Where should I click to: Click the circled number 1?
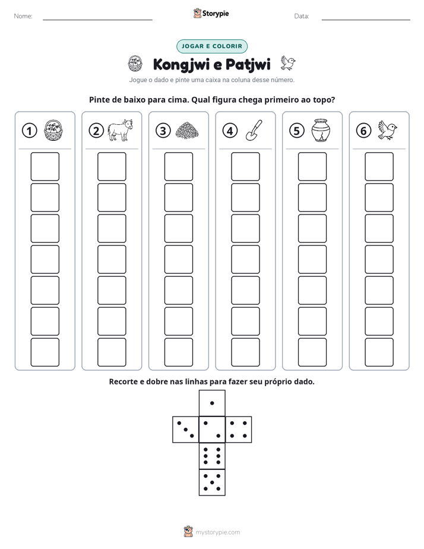pos(29,131)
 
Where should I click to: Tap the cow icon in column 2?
pos(120,130)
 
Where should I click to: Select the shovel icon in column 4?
pos(254,130)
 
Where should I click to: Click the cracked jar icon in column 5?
pos(321,130)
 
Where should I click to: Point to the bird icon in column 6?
pos(388,130)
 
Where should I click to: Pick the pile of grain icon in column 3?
pos(187,131)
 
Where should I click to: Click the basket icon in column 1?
pos(53,130)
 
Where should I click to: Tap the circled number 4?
pos(230,131)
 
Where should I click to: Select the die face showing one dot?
pos(212,403)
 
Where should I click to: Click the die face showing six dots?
pos(212,456)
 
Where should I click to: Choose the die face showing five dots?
pos(212,482)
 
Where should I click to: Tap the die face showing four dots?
pos(239,430)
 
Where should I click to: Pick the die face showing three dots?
pos(186,430)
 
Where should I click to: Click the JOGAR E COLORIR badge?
pos(212,46)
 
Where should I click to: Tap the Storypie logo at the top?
pos(211,14)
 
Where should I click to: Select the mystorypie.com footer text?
pos(217,532)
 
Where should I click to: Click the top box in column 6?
pos(379,166)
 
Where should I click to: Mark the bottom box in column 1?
pos(45,352)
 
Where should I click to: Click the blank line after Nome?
pos(97,20)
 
